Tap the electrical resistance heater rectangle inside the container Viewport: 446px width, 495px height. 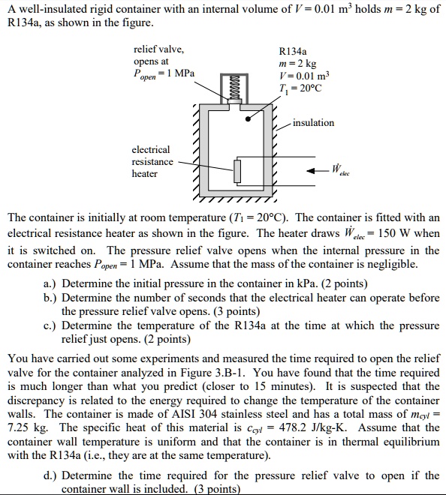pos(237,170)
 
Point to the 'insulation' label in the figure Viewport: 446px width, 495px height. pos(314,123)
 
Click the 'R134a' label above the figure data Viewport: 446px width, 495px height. pos(291,53)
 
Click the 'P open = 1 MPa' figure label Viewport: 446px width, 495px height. pos(163,74)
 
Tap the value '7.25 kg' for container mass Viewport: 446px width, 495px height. pos(23,427)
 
